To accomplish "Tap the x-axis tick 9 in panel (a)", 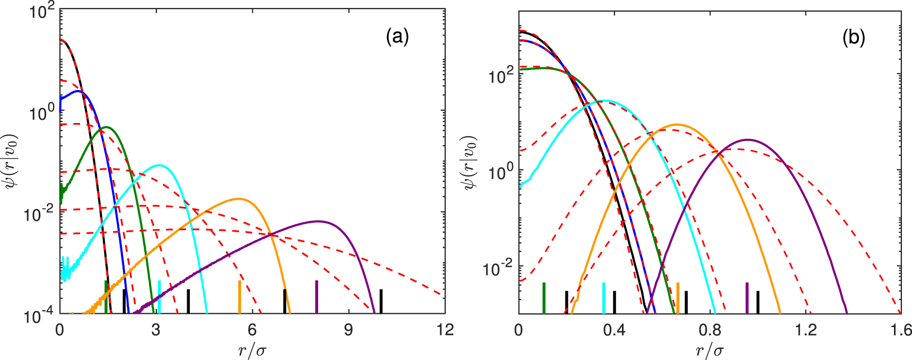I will (348, 330).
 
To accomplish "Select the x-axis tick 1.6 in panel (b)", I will (901, 330).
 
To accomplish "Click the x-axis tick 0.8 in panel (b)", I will (710, 330).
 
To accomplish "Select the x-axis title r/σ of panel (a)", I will (252, 349).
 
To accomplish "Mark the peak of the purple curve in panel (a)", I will (318, 221).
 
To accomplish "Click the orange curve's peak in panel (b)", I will (676, 125).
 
